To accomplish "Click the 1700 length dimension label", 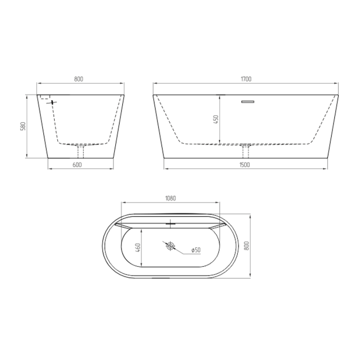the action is pyautogui.click(x=246, y=79).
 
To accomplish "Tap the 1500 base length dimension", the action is pyautogui.click(x=244, y=165).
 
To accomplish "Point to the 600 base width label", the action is pyautogui.click(x=77, y=165).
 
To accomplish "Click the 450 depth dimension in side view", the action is pyautogui.click(x=216, y=119).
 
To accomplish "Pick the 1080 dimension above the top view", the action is pyautogui.click(x=170, y=198).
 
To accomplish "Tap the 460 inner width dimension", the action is pyautogui.click(x=138, y=248).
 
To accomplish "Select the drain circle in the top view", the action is pyautogui.click(x=170, y=246).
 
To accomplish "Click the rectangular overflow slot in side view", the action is pyautogui.click(x=248, y=102).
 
